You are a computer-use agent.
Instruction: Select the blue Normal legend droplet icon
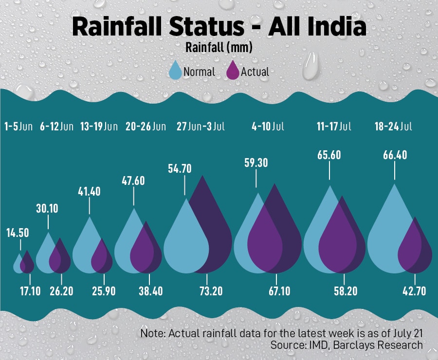tap(175, 71)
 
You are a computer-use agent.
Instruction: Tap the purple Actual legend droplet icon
tap(233, 71)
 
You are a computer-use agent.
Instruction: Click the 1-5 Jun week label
tap(18, 127)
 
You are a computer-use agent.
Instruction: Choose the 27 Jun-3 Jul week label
tap(201, 127)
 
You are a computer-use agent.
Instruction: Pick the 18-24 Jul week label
tap(393, 127)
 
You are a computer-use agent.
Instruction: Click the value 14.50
tap(18, 233)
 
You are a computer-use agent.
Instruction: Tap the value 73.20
tap(207, 291)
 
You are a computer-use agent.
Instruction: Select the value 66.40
tap(394, 156)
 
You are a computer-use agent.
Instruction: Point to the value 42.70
tap(415, 291)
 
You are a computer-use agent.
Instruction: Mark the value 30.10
tap(47, 208)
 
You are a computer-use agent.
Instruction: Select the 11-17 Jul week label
tap(334, 127)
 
